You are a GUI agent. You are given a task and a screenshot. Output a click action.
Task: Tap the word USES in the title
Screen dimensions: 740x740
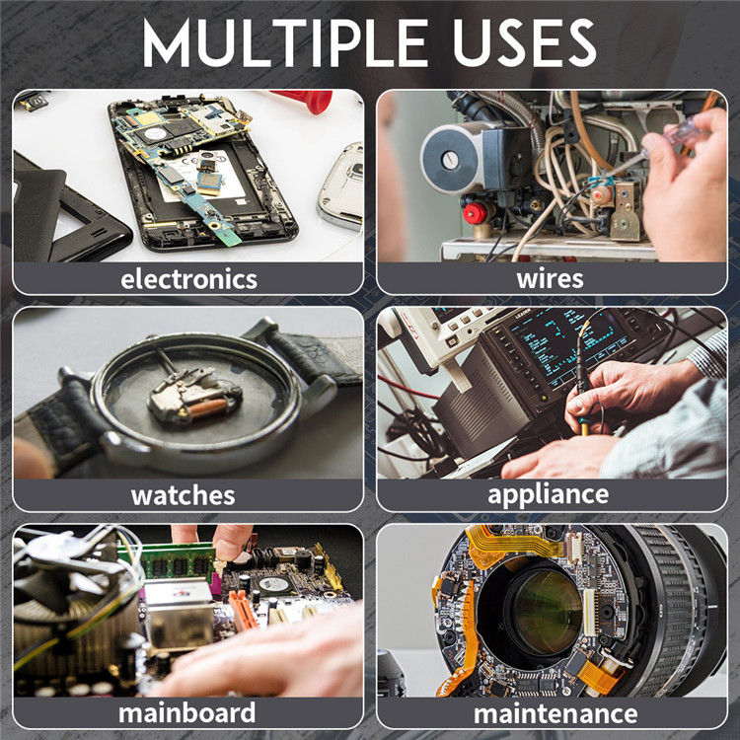(525, 43)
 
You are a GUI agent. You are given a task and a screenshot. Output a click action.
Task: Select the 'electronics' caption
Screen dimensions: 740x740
(188, 279)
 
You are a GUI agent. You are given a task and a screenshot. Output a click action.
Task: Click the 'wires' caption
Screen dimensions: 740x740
(550, 278)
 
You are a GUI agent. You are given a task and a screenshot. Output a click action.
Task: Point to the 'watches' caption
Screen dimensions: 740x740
(184, 495)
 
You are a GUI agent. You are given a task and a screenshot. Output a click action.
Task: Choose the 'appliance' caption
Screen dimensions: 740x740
(548, 495)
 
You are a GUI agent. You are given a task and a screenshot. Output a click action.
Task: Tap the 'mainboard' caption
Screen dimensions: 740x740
(186, 712)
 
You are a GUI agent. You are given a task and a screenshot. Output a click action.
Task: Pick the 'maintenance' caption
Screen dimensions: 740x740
(555, 713)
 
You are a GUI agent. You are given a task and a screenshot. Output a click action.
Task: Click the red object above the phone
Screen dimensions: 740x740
(306, 101)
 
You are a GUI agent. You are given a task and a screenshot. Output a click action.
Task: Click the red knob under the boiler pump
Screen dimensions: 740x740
(475, 213)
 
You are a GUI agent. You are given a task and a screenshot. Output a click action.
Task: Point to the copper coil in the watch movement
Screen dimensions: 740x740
(208, 408)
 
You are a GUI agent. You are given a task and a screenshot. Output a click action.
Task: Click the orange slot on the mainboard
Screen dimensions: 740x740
(244, 610)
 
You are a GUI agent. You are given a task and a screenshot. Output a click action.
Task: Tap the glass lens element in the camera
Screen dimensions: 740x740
(548, 612)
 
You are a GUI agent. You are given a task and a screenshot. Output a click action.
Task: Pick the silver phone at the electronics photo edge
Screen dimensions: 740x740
(341, 185)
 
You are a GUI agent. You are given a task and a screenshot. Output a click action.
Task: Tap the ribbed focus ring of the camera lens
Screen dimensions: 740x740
(670, 614)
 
